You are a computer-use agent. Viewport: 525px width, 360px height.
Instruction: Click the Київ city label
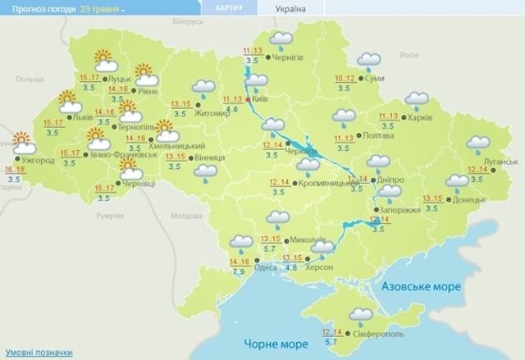[x=262, y=99]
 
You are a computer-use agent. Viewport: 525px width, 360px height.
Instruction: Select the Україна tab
[x=285, y=7]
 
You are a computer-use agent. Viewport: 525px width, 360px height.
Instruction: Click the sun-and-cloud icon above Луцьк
[x=104, y=59]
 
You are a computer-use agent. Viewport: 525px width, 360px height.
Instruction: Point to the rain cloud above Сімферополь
[x=359, y=314]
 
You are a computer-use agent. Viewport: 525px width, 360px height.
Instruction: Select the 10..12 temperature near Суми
[x=345, y=78]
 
